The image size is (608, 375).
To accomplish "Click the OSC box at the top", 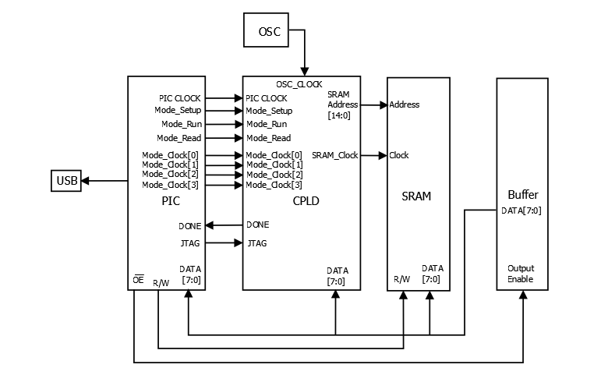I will point(269,33).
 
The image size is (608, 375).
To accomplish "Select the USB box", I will point(66,181).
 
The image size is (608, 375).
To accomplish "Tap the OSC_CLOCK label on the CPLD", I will point(299,84).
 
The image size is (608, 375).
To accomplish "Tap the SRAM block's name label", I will point(418,196).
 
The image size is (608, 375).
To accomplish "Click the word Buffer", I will point(522,195).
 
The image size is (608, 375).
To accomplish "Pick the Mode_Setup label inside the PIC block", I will point(178,111).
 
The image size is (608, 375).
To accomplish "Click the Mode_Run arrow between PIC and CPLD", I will point(224,124).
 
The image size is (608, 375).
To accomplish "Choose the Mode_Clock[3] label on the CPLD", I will point(274,185).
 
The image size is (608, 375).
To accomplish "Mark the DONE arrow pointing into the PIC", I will point(224,225).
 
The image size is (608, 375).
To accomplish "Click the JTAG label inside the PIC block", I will point(190,243).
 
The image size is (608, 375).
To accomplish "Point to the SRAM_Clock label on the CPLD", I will point(334,155).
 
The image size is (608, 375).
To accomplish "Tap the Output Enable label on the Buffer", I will point(521,274).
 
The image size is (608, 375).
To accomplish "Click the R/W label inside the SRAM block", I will point(401,279).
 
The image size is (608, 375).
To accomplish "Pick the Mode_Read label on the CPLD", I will point(268,138).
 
